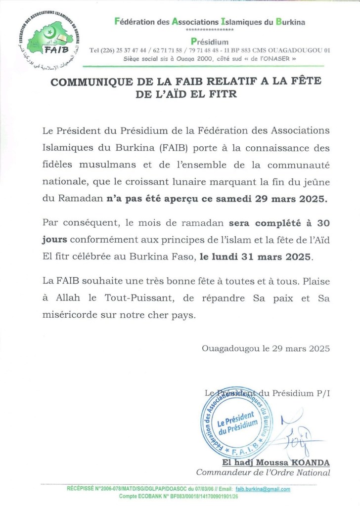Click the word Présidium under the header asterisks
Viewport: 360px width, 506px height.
click(x=209, y=42)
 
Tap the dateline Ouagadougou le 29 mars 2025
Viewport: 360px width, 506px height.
click(x=266, y=348)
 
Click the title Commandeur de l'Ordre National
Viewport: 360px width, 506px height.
click(x=263, y=473)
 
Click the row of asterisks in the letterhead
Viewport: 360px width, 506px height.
click(x=209, y=30)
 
